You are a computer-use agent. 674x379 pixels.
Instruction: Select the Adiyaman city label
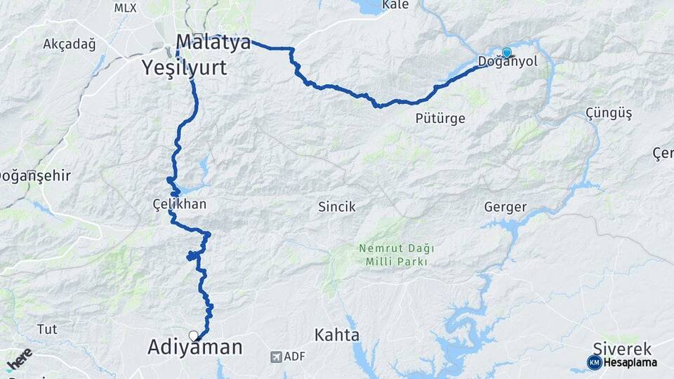195,347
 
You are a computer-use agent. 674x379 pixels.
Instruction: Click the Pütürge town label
440,118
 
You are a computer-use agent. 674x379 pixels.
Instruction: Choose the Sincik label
337,207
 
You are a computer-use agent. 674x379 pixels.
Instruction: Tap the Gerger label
505,207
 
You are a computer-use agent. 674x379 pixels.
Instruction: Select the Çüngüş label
609,113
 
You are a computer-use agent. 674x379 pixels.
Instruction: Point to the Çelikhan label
180,204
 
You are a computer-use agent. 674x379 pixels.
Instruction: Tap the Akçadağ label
69,44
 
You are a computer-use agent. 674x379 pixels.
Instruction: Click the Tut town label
47,329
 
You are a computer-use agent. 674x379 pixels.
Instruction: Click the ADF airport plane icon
277,357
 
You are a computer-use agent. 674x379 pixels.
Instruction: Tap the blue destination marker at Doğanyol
506,52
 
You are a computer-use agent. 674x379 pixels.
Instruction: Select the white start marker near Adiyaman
194,335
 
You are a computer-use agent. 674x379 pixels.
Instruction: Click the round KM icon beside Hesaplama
595,362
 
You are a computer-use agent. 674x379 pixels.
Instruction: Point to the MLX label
126,8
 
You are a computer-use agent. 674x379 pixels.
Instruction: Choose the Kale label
395,6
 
